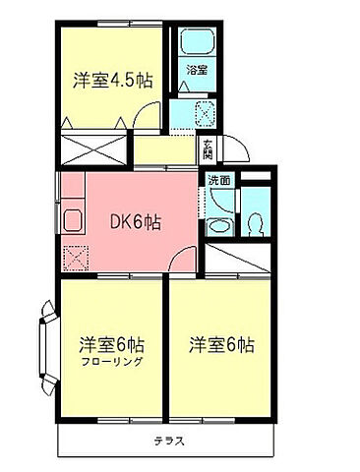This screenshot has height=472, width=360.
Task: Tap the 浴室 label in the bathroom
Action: pos(197,70)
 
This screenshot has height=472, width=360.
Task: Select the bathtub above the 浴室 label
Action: pos(198,42)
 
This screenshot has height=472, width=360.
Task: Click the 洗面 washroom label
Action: pos(219,180)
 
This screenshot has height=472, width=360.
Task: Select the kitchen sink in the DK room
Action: pos(73,219)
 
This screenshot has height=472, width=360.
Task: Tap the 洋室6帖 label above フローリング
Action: pos(111,345)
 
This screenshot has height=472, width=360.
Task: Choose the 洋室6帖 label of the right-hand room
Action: pos(222,345)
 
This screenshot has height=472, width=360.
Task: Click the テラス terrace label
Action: pos(168,440)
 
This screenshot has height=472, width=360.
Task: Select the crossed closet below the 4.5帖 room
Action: pos(94,151)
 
